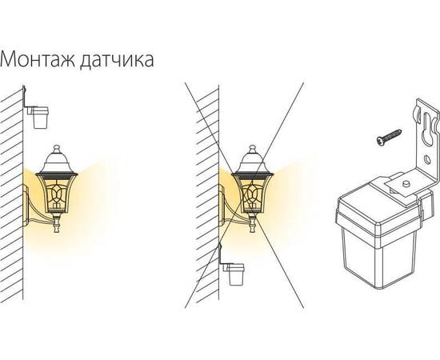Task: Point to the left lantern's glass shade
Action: click(x=57, y=191)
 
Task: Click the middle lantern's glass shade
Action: click(x=252, y=191)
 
